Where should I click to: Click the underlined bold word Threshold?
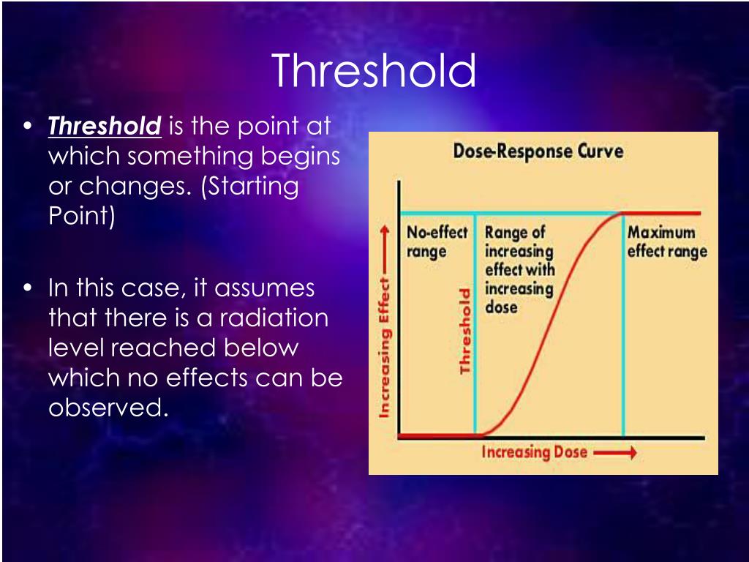[105, 126]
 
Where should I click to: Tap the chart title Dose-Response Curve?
[538, 151]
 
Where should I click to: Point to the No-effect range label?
[437, 241]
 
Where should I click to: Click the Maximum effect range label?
[667, 241]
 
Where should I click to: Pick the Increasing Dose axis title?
[534, 452]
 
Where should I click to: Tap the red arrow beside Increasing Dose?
[615, 452]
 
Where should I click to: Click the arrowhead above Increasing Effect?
[385, 231]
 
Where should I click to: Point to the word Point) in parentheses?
[82, 216]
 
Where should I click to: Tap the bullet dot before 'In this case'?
[29, 288]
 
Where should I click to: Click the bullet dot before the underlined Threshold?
[29, 126]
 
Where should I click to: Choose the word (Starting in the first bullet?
[250, 187]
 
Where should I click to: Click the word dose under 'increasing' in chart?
[501, 307]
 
